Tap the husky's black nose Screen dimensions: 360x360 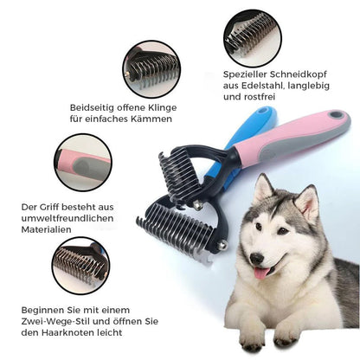[256, 258]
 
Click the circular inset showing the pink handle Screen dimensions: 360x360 [80, 162]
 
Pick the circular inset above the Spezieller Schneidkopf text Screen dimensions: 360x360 [252, 37]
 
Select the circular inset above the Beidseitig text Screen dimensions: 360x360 [151, 69]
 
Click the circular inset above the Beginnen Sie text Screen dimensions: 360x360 [80, 265]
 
